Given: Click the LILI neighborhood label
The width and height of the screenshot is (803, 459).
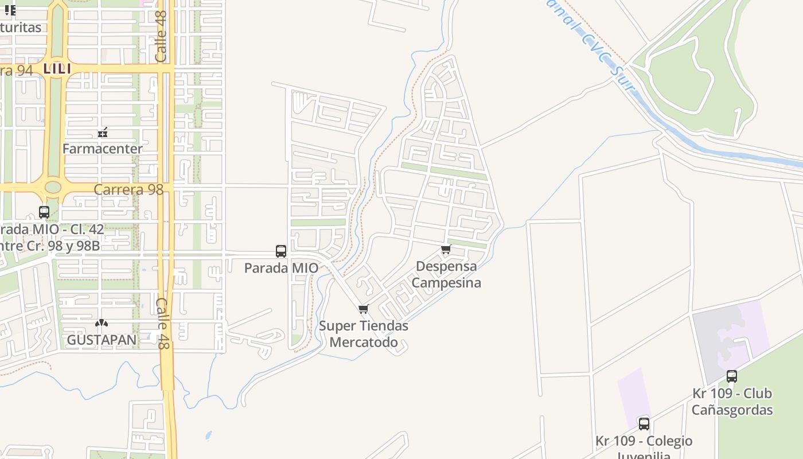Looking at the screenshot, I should pyautogui.click(x=57, y=69).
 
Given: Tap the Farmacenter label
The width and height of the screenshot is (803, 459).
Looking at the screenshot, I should pyautogui.click(x=102, y=149).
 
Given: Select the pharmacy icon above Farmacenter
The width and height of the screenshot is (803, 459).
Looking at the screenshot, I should pyautogui.click(x=103, y=133).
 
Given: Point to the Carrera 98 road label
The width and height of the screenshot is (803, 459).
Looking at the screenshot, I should pyautogui.click(x=128, y=189).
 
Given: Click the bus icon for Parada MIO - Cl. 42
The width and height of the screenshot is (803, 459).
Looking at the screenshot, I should pyautogui.click(x=44, y=212).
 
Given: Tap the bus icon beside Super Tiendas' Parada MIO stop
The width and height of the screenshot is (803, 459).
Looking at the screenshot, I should pyautogui.click(x=281, y=251).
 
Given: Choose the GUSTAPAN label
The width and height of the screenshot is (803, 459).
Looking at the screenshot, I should pyautogui.click(x=102, y=340).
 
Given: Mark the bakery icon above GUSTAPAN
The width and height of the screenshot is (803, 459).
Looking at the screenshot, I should pyautogui.click(x=102, y=324).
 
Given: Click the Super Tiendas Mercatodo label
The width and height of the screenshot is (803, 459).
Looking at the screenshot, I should pyautogui.click(x=364, y=334).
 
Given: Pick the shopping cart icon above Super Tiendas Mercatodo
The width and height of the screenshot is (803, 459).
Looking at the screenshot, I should pyautogui.click(x=363, y=309).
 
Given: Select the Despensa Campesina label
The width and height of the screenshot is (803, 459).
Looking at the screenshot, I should pyautogui.click(x=446, y=274).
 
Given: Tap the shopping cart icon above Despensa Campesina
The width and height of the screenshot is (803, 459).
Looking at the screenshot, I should pyautogui.click(x=446, y=250).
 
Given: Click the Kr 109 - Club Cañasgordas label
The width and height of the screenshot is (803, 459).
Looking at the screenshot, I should pyautogui.click(x=732, y=402).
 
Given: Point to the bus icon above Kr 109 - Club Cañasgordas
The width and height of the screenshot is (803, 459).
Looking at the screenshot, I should pyautogui.click(x=732, y=376).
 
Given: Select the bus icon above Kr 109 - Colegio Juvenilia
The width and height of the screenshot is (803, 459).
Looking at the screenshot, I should pyautogui.click(x=644, y=423).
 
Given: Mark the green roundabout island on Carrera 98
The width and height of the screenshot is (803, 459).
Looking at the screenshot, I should pyautogui.click(x=53, y=187).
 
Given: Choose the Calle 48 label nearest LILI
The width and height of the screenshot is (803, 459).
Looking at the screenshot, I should pyautogui.click(x=161, y=36).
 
